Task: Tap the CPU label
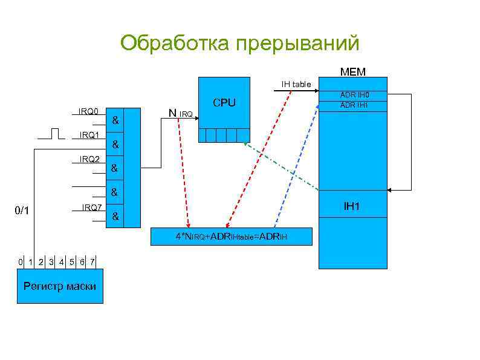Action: point(224,103)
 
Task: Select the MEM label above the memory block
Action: point(352,72)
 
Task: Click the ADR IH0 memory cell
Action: point(354,95)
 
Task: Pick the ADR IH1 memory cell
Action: point(354,105)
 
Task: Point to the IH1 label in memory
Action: point(352,207)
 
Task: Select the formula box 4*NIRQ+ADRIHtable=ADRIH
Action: point(232,237)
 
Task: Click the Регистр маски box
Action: point(59,286)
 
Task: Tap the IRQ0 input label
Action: point(88,111)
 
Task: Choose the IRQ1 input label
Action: point(88,135)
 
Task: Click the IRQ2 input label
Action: point(89,160)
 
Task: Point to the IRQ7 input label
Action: point(92,208)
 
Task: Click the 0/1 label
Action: point(22,211)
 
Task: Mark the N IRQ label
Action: point(180,113)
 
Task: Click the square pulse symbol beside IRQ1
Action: point(56,133)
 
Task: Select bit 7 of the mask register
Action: point(91,262)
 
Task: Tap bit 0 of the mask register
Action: point(21,262)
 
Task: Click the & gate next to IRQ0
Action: point(115,121)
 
